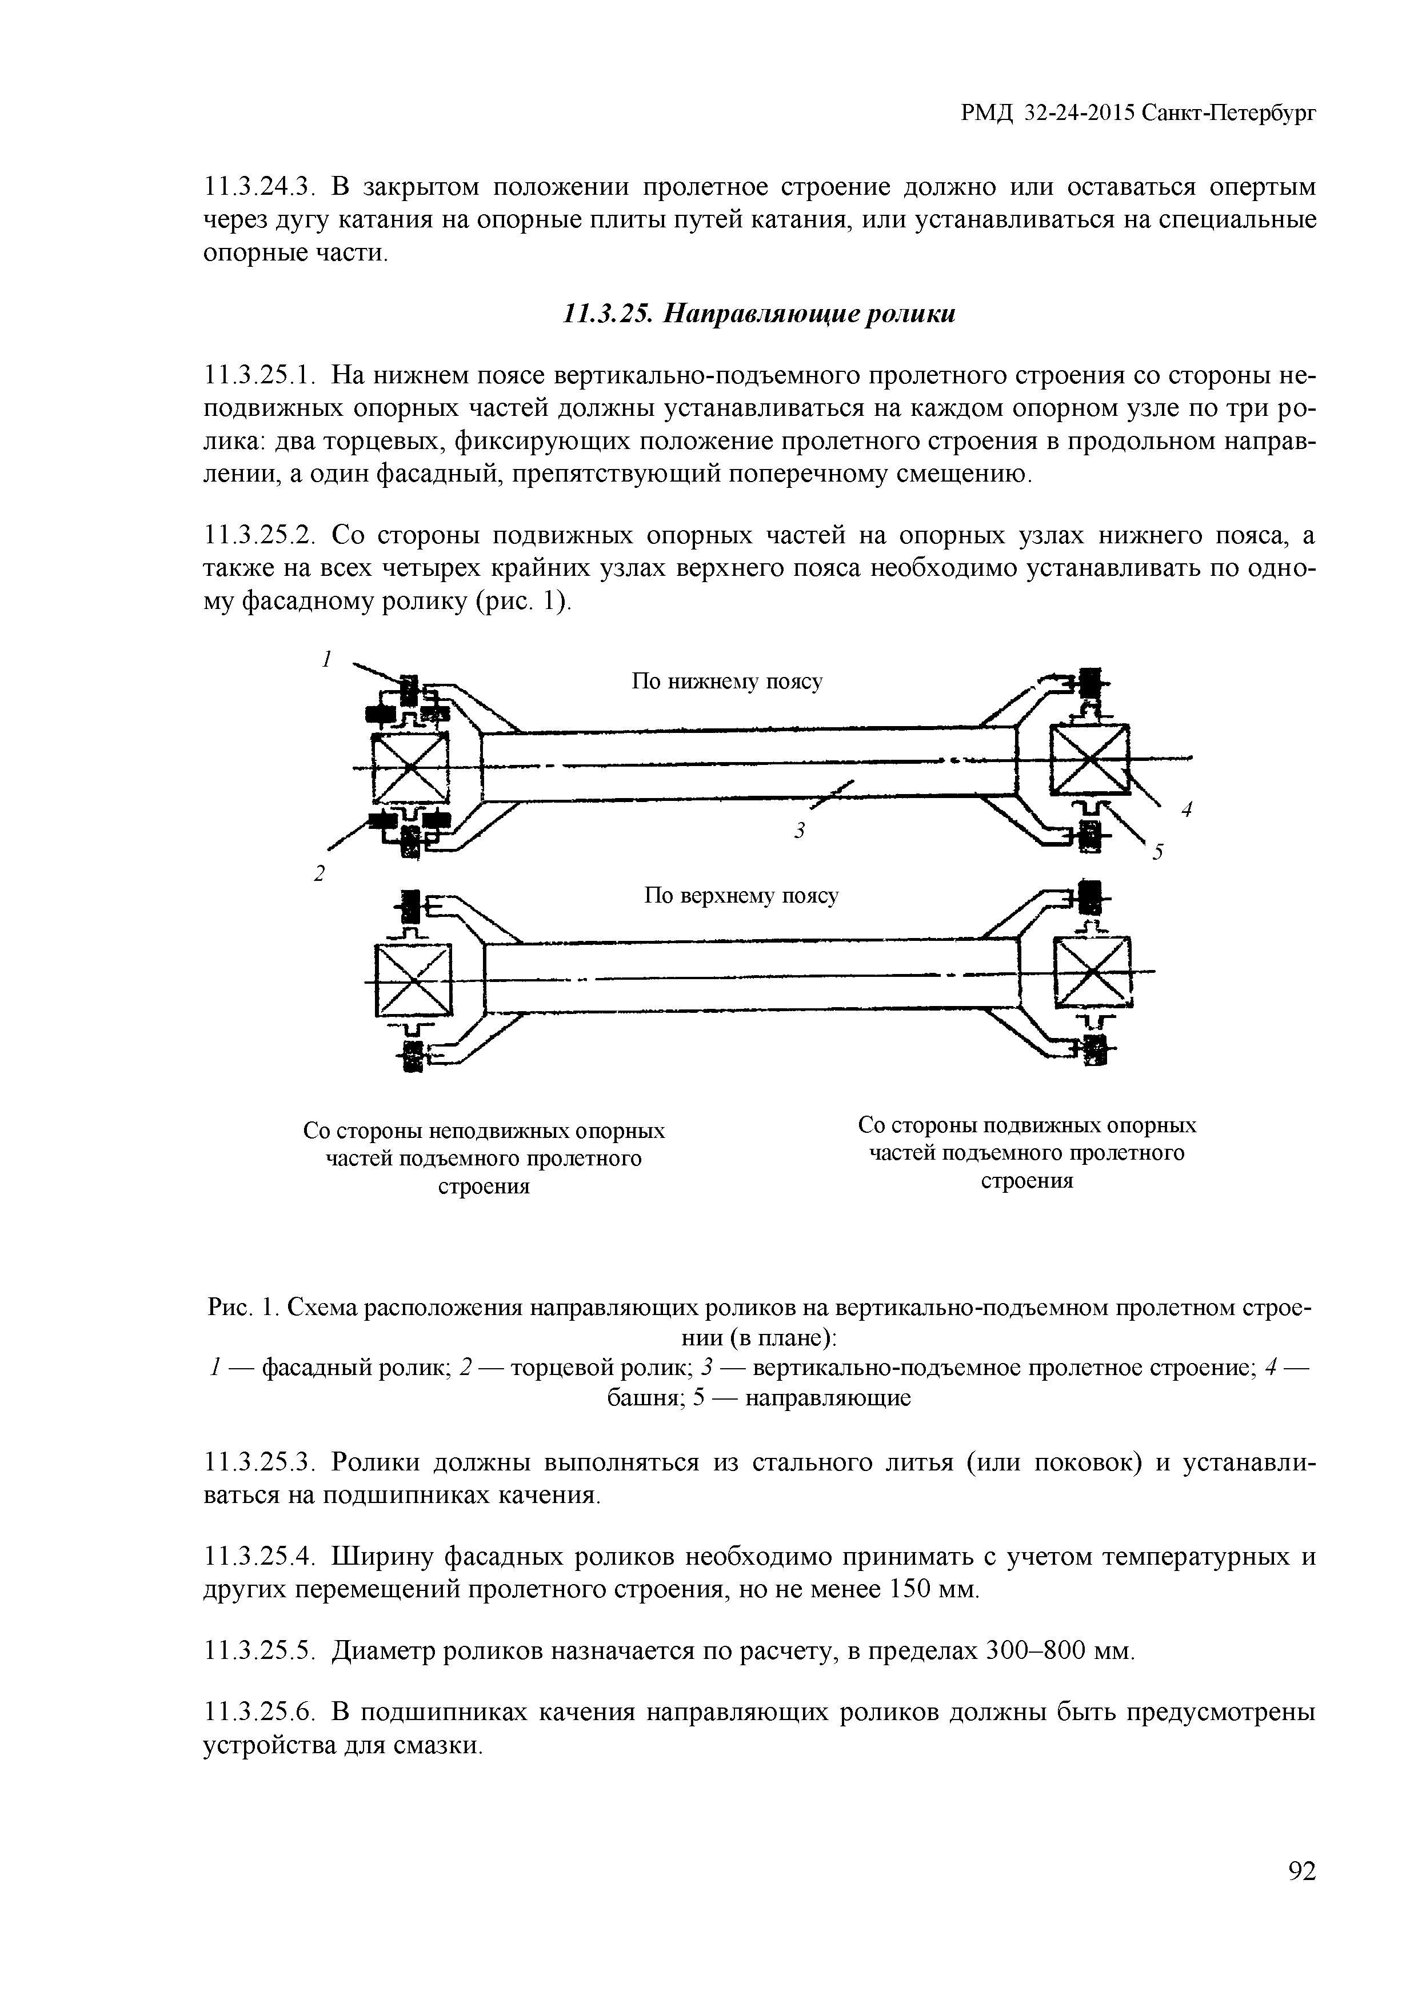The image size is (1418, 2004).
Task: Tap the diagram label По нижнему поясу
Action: tap(726, 682)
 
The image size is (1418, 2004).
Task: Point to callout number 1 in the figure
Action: tap(326, 659)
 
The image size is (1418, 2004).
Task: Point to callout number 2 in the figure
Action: tap(319, 873)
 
